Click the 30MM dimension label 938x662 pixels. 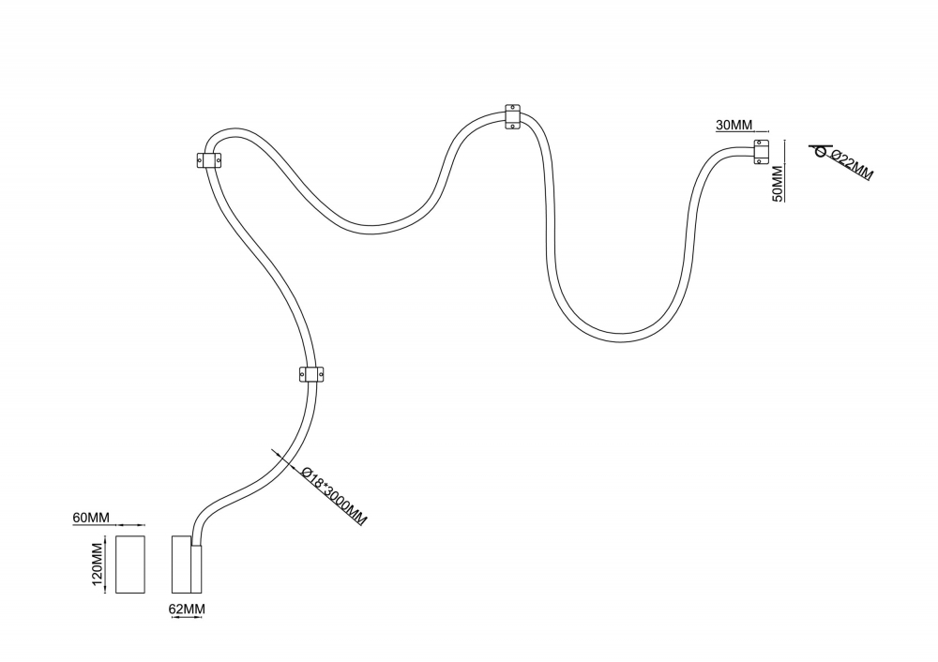click(734, 125)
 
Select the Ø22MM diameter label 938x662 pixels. click(852, 166)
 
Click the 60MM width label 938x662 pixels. click(91, 518)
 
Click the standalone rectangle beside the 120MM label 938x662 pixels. click(129, 564)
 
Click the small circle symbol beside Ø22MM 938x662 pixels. click(819, 152)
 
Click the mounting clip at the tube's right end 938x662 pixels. click(761, 152)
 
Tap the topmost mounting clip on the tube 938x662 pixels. click(513, 117)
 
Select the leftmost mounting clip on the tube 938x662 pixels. click(209, 160)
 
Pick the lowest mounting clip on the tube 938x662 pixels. click(312, 374)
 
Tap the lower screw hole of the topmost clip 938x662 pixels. click(513, 125)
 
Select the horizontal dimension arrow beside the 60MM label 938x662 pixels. click(131, 525)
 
